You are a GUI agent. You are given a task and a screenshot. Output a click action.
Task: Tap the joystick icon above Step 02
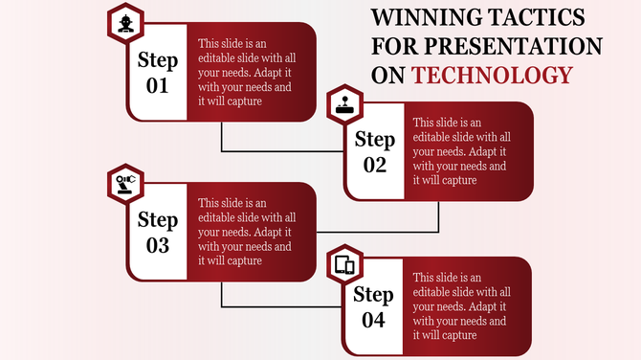coord(342,102)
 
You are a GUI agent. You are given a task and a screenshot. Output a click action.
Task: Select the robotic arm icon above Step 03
coord(124,181)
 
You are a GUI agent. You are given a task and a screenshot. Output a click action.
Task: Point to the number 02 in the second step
coord(374,165)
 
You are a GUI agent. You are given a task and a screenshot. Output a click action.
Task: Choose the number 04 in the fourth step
coord(374,320)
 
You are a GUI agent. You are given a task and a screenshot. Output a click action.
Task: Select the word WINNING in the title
coord(423,17)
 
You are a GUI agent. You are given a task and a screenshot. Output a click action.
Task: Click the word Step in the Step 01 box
coord(158,60)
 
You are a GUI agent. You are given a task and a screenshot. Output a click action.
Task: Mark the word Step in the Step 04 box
coord(374,294)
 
